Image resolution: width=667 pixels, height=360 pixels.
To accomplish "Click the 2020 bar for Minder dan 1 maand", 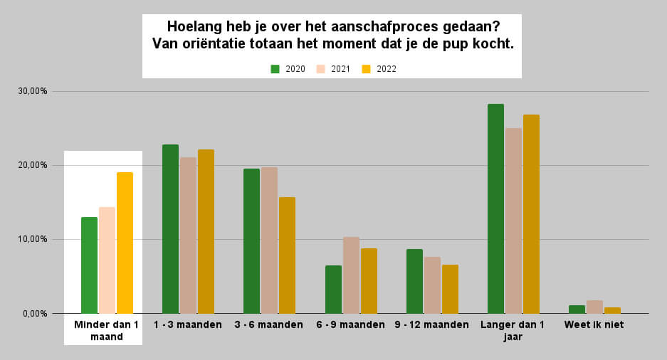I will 89,265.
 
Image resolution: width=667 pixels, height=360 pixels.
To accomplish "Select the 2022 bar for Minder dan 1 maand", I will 125,243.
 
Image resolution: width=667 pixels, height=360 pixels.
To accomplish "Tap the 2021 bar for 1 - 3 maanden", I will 188,235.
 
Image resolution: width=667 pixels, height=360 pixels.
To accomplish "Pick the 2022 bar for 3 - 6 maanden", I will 287,255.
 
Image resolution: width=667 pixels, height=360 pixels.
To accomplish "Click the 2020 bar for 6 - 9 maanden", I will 333,289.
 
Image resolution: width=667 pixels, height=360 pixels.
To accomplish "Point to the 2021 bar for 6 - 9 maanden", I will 351,275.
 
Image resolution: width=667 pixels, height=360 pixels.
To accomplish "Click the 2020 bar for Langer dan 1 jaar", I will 495,208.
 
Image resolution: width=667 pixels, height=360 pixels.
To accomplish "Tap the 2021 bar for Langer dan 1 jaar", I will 513,221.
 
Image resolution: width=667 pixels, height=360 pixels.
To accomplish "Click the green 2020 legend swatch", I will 275,69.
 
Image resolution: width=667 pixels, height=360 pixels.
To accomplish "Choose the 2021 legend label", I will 341,69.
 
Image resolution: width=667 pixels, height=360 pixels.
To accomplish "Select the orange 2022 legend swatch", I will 367,69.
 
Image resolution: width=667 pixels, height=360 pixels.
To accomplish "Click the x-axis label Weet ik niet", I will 593,325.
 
